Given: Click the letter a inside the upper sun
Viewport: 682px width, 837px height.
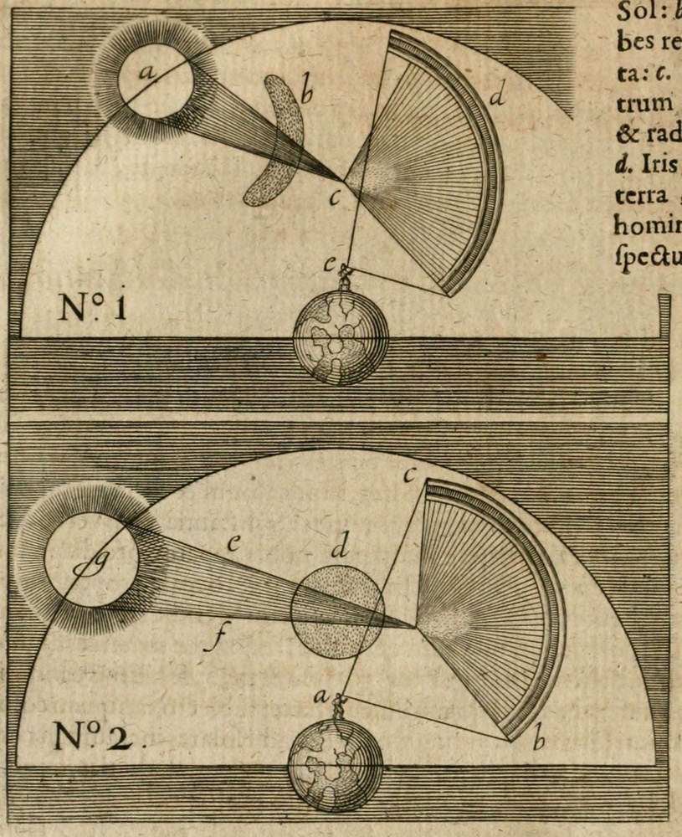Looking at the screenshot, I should [x=146, y=74].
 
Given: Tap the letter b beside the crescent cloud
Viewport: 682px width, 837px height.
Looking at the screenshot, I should [x=306, y=94].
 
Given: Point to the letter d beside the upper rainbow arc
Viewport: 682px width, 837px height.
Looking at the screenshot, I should [x=497, y=98].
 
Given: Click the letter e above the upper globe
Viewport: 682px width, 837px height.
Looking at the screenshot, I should [x=331, y=265].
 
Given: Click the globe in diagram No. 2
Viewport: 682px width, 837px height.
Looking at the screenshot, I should [x=335, y=764].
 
